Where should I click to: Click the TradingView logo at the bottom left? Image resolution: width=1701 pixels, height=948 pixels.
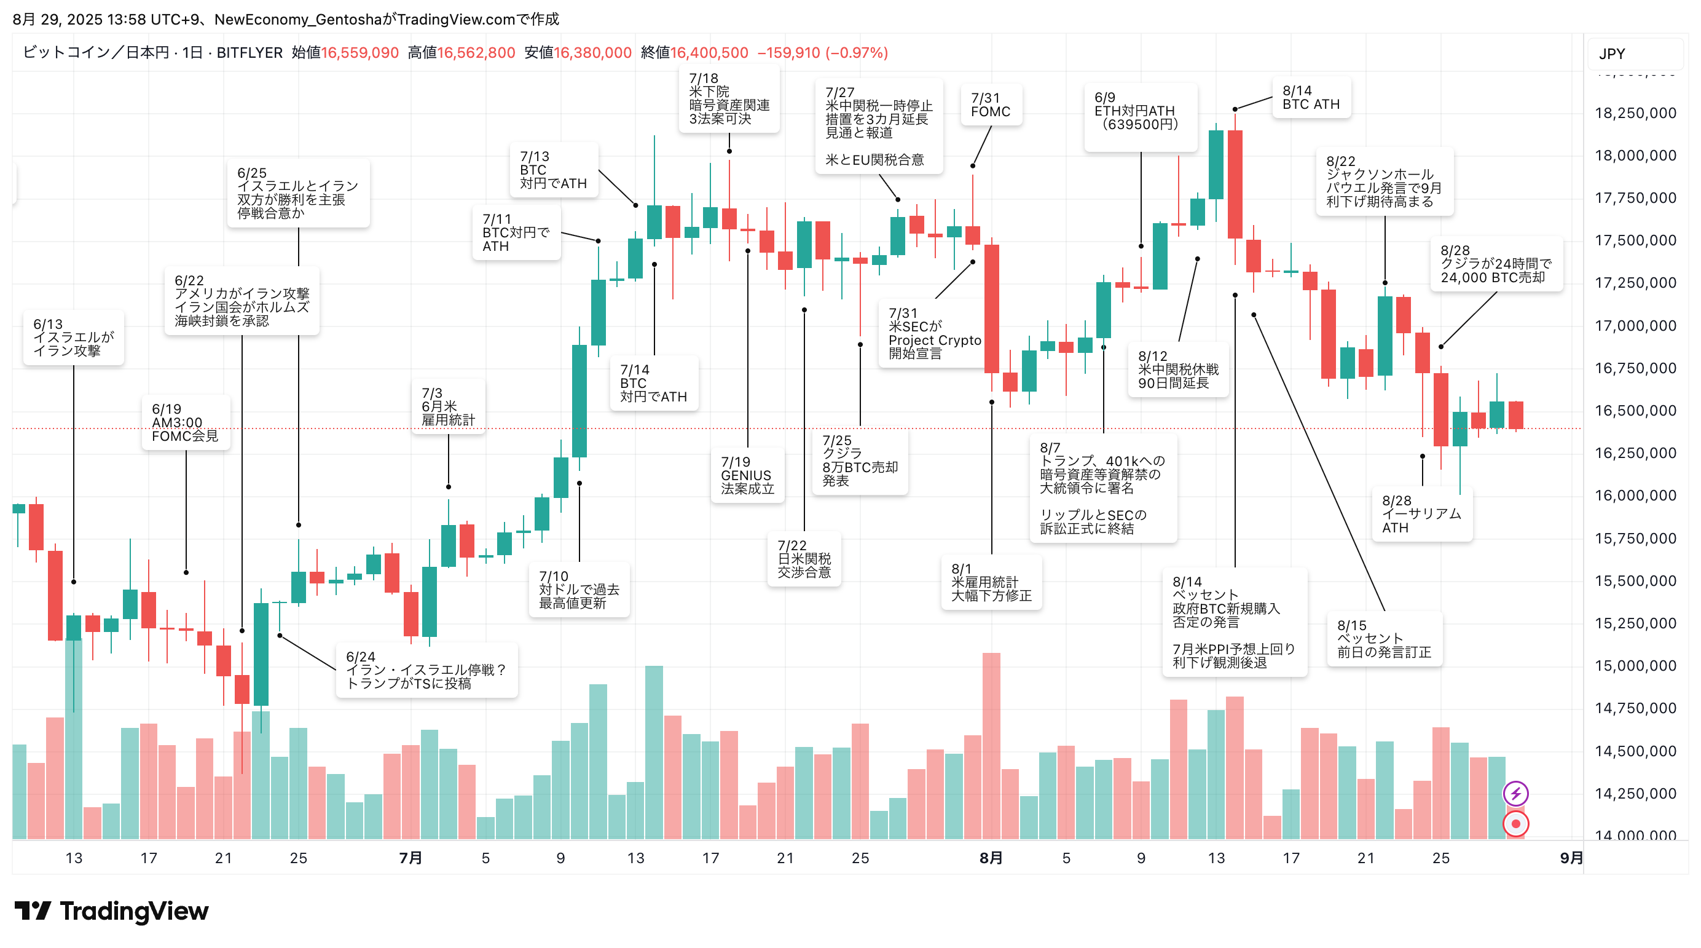(x=111, y=911)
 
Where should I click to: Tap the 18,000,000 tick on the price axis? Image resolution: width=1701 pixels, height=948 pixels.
(x=1635, y=156)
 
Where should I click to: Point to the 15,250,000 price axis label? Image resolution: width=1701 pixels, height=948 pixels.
(x=1635, y=623)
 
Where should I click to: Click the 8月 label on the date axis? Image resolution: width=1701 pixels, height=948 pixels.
(x=991, y=858)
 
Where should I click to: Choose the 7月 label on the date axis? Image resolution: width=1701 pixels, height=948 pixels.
(x=410, y=858)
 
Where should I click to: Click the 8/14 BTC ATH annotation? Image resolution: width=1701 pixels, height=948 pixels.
(x=1311, y=98)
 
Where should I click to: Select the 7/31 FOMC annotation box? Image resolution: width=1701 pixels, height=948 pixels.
(x=991, y=105)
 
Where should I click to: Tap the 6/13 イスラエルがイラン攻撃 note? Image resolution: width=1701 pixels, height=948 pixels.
(x=73, y=338)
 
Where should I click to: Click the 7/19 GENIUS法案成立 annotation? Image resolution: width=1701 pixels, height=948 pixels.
(x=747, y=475)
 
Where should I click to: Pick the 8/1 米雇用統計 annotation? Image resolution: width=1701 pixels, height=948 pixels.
(x=991, y=582)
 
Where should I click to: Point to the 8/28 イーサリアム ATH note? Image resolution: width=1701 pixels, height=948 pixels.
(x=1421, y=514)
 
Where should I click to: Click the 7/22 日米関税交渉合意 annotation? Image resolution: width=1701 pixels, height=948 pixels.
(x=804, y=559)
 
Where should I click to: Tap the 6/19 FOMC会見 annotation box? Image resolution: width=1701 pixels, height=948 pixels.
(x=185, y=423)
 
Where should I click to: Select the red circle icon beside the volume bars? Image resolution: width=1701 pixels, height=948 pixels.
(x=1515, y=824)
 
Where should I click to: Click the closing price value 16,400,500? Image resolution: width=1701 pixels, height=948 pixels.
(x=709, y=53)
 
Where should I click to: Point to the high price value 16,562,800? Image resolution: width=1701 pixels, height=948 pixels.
(x=476, y=53)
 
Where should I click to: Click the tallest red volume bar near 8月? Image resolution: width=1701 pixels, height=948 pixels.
(x=991, y=746)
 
